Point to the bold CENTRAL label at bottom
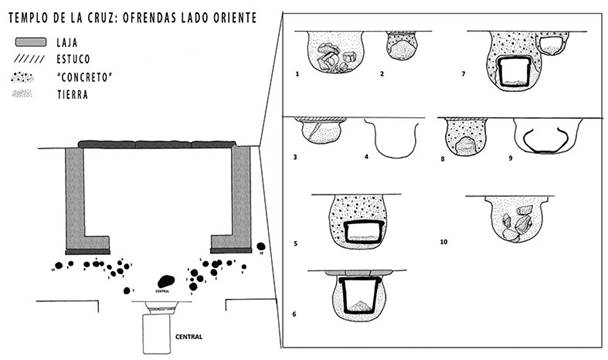tap(189, 337)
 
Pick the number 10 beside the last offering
tap(443, 241)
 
